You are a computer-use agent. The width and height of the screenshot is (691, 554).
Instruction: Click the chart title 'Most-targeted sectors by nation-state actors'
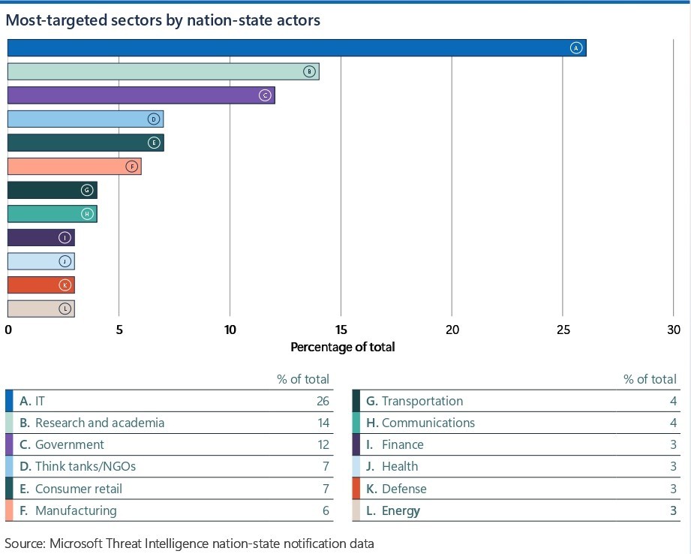coord(163,20)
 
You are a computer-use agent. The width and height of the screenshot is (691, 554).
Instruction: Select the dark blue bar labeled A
coord(296,48)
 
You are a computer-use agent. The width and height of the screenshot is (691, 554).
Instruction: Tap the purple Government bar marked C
coord(141,95)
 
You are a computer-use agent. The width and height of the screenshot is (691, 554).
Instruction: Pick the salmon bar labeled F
coord(74,167)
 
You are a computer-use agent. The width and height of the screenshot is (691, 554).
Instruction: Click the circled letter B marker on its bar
coord(308,71)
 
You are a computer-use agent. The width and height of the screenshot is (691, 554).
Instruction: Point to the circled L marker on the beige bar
coord(65,309)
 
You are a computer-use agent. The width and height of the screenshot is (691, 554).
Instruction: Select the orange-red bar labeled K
coord(41,285)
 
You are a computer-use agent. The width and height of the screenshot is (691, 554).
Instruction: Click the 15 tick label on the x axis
coord(341,330)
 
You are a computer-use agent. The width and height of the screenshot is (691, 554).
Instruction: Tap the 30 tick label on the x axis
coord(673,330)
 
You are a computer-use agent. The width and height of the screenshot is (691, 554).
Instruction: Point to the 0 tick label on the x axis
coord(8,330)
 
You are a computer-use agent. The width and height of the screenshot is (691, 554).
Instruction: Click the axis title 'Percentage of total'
coord(342,347)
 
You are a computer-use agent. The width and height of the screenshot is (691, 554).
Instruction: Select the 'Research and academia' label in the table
coord(99,423)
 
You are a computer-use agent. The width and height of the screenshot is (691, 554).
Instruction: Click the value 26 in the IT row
coord(323,401)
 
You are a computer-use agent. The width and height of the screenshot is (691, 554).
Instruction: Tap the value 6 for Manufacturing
coord(326,510)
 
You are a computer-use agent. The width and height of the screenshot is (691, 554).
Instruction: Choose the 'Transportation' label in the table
coord(422,401)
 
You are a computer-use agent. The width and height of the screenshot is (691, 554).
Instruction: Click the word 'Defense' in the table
coord(404,489)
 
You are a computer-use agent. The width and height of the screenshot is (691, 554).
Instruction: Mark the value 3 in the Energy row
coord(673,510)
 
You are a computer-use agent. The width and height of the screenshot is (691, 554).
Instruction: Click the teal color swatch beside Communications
coord(355,423)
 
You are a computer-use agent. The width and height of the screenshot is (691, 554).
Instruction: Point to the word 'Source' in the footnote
coord(23,542)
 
